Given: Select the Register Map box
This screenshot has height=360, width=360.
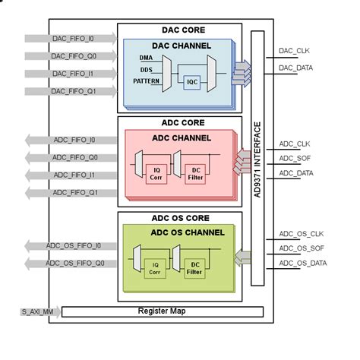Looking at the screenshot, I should (x=162, y=311).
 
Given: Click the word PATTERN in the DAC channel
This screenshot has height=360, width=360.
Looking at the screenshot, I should (x=146, y=81).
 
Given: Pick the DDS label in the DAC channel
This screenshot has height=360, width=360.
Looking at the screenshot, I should (x=146, y=68).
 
